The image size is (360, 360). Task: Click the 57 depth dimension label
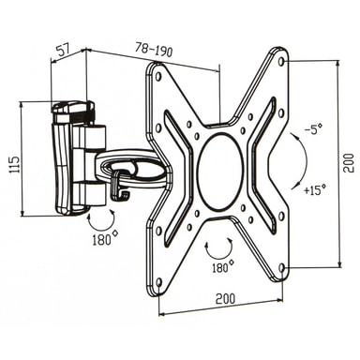(64, 50)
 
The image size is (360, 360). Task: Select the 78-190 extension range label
(154, 50)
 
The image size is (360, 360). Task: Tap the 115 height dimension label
(14, 164)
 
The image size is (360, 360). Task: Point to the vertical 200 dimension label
(348, 163)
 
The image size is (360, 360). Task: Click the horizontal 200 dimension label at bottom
(225, 299)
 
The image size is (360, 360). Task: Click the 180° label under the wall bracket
(105, 239)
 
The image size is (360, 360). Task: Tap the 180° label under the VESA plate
(222, 267)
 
